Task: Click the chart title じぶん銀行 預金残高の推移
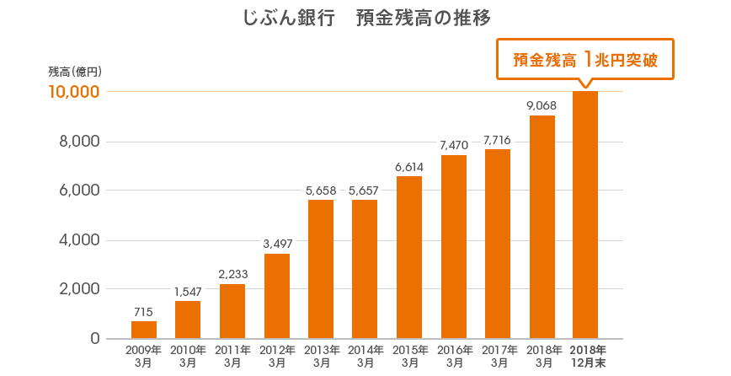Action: (x=365, y=18)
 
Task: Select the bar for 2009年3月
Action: (x=144, y=330)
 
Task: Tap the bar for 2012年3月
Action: (x=277, y=296)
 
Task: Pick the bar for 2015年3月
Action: (x=409, y=257)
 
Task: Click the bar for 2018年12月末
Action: (x=585, y=215)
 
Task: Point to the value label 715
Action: (x=144, y=312)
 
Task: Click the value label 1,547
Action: (x=188, y=292)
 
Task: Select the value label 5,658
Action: (x=321, y=191)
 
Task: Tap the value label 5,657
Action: (x=365, y=191)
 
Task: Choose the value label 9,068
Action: (x=542, y=106)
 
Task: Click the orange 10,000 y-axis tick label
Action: (x=74, y=92)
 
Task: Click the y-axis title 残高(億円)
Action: (x=75, y=72)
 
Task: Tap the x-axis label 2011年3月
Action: (x=232, y=356)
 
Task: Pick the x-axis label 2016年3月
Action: (x=454, y=356)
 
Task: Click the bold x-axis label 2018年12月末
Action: (x=587, y=356)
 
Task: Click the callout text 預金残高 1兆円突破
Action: (x=584, y=60)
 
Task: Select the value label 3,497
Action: (x=277, y=244)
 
